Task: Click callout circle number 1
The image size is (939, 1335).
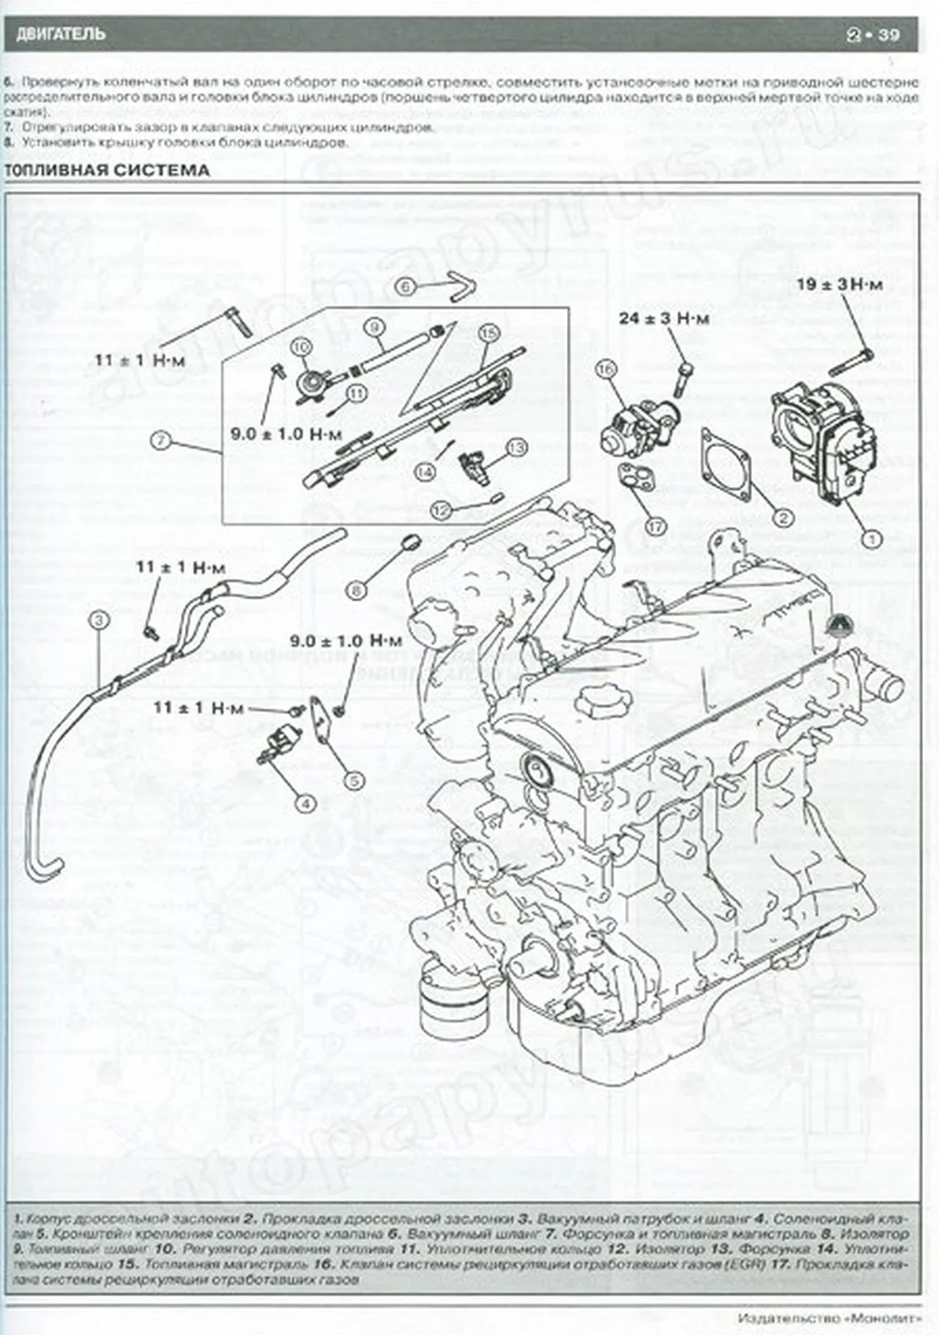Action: point(870,537)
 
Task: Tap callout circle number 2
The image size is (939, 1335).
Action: point(782,517)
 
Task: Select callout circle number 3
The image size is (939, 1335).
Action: point(99,619)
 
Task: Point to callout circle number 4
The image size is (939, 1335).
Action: point(306,802)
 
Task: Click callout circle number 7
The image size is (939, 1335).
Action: point(160,440)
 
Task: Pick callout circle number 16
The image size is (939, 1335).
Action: point(605,370)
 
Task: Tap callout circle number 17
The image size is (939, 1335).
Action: point(656,527)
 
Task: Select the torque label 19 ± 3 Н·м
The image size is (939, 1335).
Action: point(839,285)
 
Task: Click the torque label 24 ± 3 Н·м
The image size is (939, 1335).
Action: point(664,319)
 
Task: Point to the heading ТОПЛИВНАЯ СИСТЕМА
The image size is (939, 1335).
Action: point(107,170)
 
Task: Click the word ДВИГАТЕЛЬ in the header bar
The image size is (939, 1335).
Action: point(61,34)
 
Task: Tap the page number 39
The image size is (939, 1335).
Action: point(888,35)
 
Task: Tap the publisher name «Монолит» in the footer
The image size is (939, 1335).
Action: point(881,1317)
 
